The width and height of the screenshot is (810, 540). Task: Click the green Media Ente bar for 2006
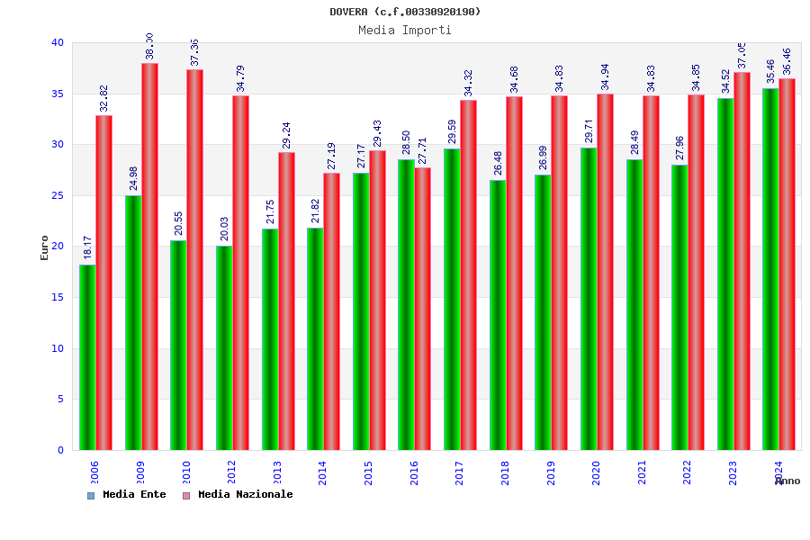[87, 357]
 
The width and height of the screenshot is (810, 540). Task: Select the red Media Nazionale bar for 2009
[149, 256]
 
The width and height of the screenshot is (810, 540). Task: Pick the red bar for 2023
[742, 261]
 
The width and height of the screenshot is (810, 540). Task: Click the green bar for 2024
[770, 269]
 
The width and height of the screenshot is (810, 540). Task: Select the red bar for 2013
[286, 301]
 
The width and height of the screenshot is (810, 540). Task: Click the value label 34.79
[240, 78]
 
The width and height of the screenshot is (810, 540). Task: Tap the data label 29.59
[452, 131]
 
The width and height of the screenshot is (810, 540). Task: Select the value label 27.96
[679, 148]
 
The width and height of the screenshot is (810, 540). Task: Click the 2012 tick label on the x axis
[231, 472]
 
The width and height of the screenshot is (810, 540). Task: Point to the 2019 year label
[550, 472]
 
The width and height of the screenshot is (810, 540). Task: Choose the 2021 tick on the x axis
[642, 472]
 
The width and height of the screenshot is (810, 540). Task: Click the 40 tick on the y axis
[58, 42]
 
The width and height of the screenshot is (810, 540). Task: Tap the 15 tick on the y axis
[58, 297]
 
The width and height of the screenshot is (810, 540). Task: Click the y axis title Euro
[45, 247]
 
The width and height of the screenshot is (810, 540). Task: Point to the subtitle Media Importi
[405, 30]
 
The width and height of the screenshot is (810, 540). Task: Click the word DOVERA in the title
[348, 12]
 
